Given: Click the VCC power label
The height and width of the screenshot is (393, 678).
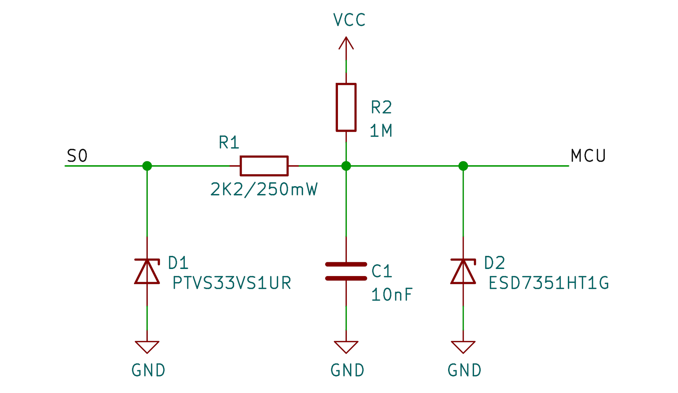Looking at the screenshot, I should [x=349, y=20].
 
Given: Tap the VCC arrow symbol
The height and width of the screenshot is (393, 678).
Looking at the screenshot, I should [x=346, y=43].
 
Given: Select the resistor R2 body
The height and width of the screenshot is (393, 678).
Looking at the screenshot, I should [x=346, y=107].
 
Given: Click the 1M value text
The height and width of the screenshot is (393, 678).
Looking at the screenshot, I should [x=381, y=131].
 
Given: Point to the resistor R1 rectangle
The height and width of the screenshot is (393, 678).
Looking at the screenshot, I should [x=264, y=166].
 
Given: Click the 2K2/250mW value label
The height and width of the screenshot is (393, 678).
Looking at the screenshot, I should [x=264, y=189].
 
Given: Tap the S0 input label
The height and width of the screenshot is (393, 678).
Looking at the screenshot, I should [x=77, y=156].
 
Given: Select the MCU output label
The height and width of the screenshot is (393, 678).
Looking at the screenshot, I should [x=588, y=156].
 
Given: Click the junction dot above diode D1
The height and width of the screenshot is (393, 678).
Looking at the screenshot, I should [x=147, y=166].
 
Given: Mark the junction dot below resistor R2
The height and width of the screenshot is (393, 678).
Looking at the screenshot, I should [x=346, y=166].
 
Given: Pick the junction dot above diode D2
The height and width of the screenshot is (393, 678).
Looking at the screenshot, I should [x=463, y=166].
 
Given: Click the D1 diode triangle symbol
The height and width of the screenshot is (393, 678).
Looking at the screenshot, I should [x=147, y=272].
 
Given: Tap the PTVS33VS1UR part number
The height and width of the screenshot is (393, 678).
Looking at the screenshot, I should [x=232, y=283].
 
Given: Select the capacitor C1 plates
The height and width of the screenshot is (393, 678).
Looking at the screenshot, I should [x=346, y=271].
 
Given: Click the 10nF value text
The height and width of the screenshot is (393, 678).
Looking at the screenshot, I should [x=391, y=295].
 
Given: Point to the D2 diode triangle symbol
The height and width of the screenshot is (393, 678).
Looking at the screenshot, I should [x=463, y=272].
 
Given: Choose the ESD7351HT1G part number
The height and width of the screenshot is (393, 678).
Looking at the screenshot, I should [x=548, y=283].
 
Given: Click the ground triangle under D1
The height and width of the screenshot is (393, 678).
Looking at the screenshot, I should [x=147, y=346].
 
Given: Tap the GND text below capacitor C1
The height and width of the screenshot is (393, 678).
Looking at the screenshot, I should [x=347, y=370].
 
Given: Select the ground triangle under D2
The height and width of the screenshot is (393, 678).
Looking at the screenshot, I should [x=463, y=346].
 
